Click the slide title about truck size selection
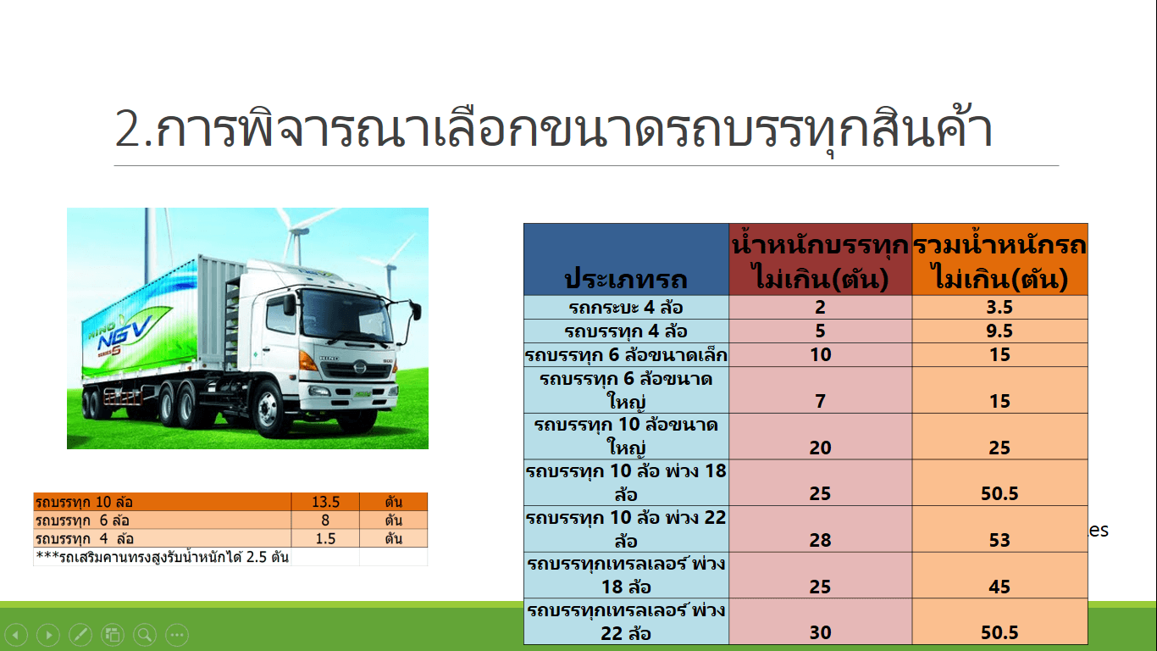click(x=553, y=130)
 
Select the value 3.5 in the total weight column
click(x=999, y=307)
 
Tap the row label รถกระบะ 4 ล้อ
click(x=626, y=308)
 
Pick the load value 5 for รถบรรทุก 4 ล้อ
click(x=820, y=331)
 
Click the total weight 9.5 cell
click(x=999, y=331)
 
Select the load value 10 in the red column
click(x=820, y=354)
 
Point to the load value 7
click(x=820, y=401)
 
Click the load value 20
click(x=820, y=448)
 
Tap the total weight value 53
click(x=999, y=540)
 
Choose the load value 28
click(x=820, y=540)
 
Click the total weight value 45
click(x=999, y=587)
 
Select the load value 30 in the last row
click(x=820, y=633)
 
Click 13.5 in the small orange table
click(x=325, y=502)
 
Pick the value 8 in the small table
click(x=325, y=520)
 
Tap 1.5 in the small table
click(x=325, y=539)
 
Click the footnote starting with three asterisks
click(x=162, y=558)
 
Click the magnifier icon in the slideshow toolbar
click(x=145, y=634)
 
